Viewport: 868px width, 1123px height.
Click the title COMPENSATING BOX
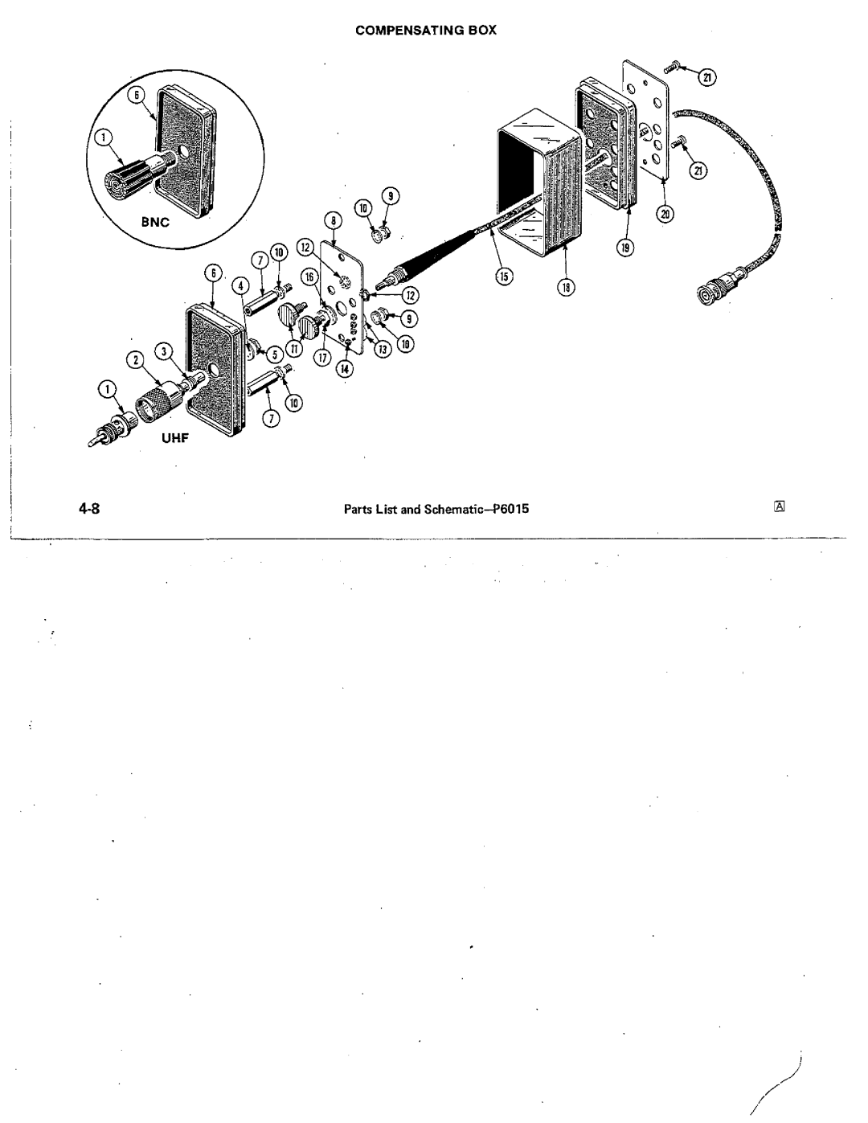[x=426, y=31]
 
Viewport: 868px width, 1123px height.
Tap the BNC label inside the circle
[x=155, y=222]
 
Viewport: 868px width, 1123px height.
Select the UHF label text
[x=175, y=438]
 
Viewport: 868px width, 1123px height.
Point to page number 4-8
[x=89, y=509]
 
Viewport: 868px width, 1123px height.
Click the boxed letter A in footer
[x=780, y=506]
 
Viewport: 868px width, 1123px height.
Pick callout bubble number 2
[x=135, y=361]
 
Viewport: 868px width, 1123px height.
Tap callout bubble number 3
[x=164, y=351]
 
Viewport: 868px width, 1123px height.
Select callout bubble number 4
[x=240, y=285]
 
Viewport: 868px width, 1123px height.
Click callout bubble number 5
[x=275, y=355]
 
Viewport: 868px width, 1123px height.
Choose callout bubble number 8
[x=334, y=221]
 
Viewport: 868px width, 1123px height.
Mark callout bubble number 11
[x=294, y=349]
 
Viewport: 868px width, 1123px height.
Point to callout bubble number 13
[x=383, y=350]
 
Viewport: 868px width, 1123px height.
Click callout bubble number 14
[x=345, y=369]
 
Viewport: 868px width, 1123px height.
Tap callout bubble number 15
[x=504, y=277]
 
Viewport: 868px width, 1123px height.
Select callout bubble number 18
[x=567, y=288]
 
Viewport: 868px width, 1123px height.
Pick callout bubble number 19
[x=625, y=248]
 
